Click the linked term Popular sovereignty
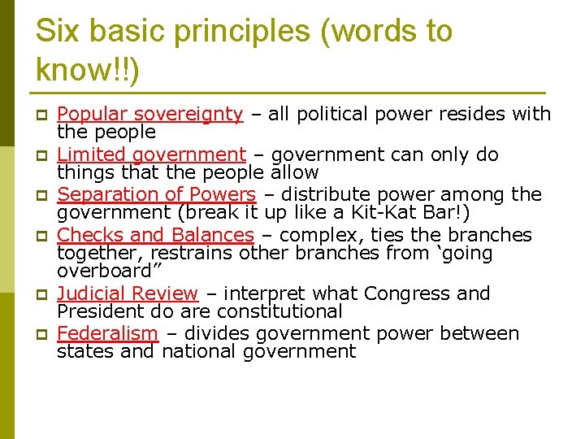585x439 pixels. point(149,115)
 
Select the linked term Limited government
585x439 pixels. point(151,154)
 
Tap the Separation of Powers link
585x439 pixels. point(156,194)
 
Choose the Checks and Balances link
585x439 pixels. point(155,235)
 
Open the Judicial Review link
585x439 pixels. point(128,293)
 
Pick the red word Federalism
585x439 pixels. point(107,333)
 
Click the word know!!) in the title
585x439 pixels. point(88,72)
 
